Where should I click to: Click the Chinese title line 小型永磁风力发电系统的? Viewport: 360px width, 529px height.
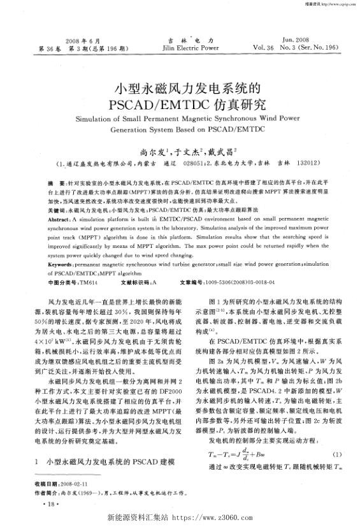(x=179, y=85)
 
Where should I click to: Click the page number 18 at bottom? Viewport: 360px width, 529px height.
(x=51, y=505)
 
